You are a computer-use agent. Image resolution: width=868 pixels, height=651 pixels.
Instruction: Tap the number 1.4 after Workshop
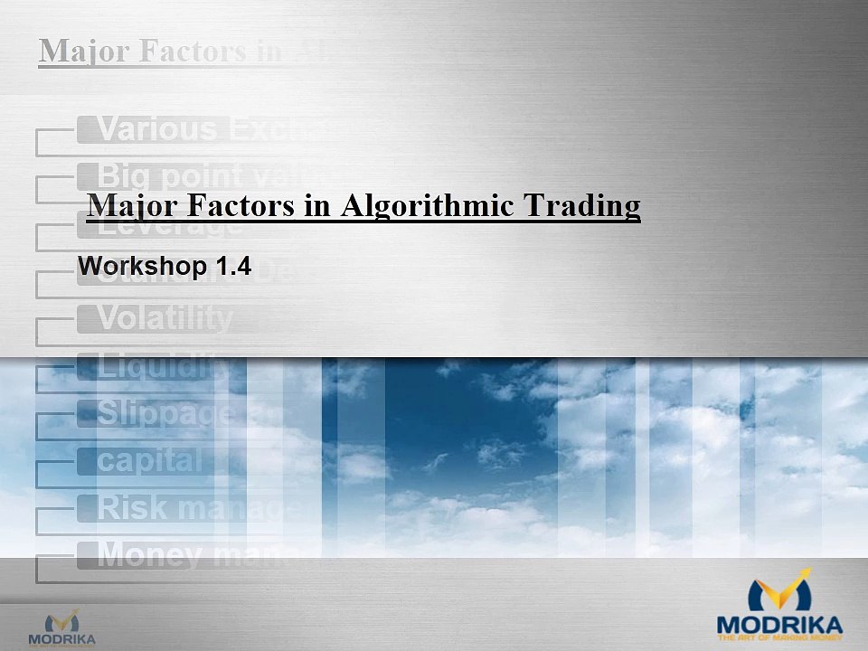pyautogui.click(x=232, y=267)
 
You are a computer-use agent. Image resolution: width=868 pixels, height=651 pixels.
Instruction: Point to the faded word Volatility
pyautogui.click(x=165, y=318)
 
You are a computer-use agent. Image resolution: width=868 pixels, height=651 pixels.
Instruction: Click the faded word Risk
pyautogui.click(x=132, y=507)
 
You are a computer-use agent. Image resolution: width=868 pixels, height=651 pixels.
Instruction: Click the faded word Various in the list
pyautogui.click(x=158, y=130)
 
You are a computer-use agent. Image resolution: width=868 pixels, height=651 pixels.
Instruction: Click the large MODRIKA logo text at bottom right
pyautogui.click(x=779, y=624)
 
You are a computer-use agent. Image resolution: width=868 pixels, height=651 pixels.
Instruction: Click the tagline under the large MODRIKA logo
pyautogui.click(x=779, y=638)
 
